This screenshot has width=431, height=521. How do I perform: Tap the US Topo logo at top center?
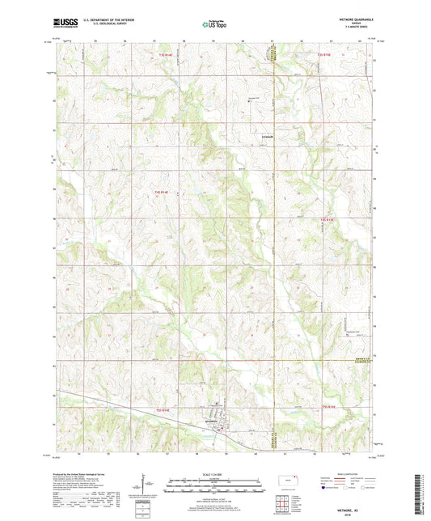click(214, 24)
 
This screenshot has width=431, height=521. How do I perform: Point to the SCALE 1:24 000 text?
click(215, 473)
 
